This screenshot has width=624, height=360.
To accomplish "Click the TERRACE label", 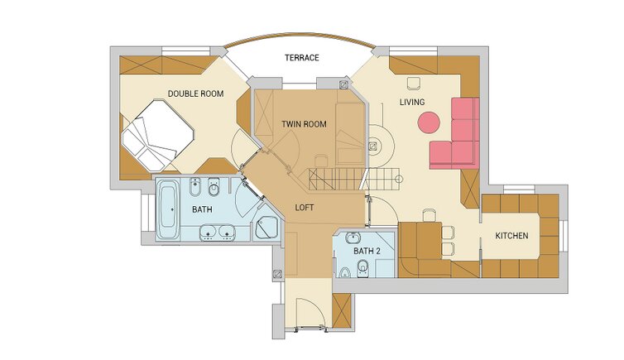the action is (x=301, y=58).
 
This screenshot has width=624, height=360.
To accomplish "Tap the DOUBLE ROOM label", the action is (x=195, y=94).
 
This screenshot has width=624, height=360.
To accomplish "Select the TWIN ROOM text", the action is (x=304, y=124).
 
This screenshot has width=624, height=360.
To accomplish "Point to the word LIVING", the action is (x=412, y=103).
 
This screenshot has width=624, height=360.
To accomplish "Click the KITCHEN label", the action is (x=511, y=236).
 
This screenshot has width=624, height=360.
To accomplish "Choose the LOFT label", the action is (x=304, y=208).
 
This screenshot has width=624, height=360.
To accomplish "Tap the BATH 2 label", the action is (x=367, y=252).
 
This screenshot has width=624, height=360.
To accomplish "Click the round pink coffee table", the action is (x=429, y=122).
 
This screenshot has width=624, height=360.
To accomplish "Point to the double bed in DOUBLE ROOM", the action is (x=157, y=135).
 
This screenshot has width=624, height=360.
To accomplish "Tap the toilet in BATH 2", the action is (x=362, y=268).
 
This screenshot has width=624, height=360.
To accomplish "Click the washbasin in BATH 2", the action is (x=353, y=238).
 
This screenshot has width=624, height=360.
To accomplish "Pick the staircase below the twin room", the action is (x=353, y=179).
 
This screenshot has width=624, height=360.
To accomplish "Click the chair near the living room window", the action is (x=414, y=83).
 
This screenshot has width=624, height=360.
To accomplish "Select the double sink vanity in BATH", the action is (x=218, y=233).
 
